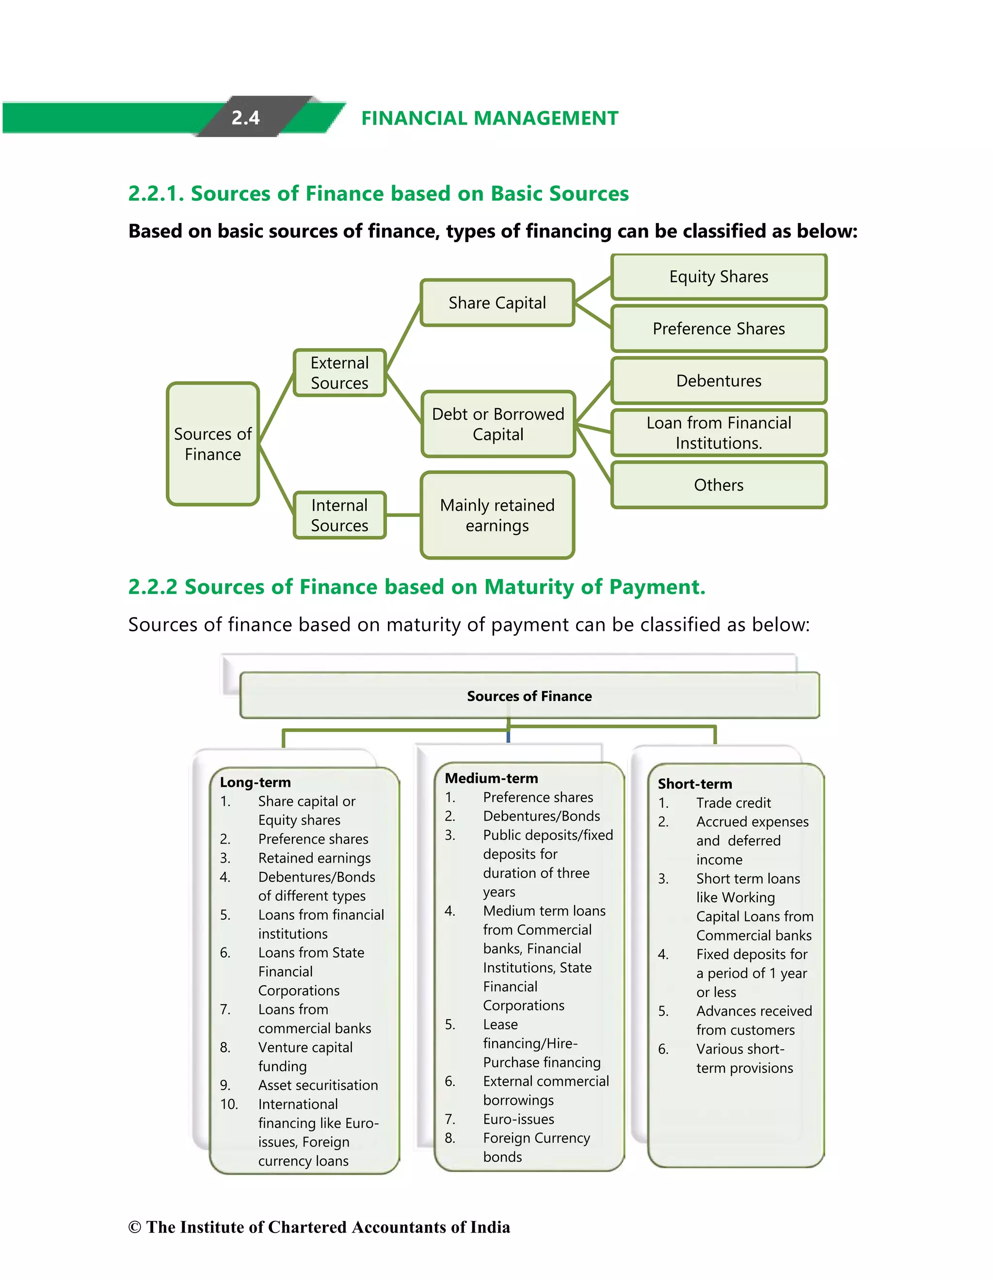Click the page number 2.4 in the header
pos(245,118)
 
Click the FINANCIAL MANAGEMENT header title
pos(489,118)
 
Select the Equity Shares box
pos(719,277)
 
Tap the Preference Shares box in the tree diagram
pos(719,328)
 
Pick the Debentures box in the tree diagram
pos(719,381)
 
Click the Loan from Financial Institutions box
pos(719,433)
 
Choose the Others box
pos(719,485)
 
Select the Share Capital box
pos(497,303)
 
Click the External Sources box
pos(339,373)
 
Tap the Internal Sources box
pos(339,515)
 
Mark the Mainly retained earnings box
pos(497,515)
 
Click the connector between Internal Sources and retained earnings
pos(403,515)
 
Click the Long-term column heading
pos(255,783)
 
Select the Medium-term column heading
pos(491,778)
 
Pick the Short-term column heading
pos(694,784)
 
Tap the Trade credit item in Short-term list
pos(733,803)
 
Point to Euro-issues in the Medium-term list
pos(518,1119)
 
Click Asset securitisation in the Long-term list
pos(318,1085)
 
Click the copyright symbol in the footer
pos(134,1227)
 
